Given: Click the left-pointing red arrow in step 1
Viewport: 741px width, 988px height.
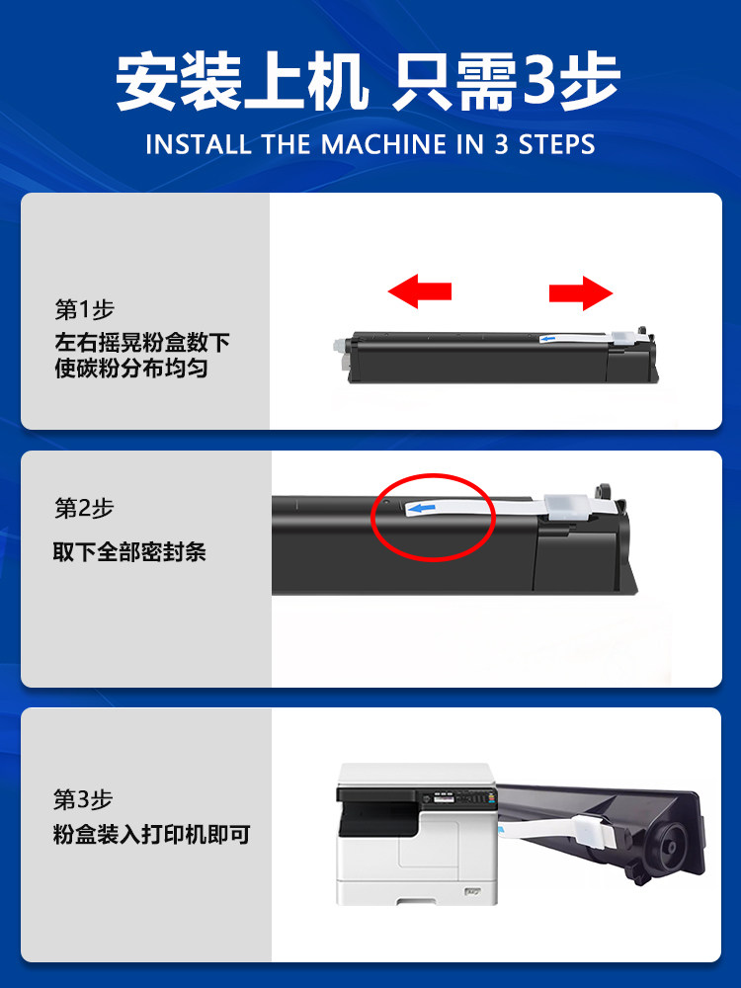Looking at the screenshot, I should [x=419, y=291].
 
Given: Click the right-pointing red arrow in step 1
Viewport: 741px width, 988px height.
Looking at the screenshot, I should [x=581, y=292].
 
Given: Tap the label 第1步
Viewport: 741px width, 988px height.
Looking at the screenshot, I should [x=84, y=309].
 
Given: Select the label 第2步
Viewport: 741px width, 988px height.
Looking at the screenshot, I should [x=84, y=508].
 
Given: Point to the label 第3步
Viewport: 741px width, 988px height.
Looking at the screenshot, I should [x=84, y=798].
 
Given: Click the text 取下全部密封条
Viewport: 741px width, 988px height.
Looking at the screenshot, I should [x=129, y=551].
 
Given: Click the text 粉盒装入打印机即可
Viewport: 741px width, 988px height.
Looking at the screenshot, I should [x=151, y=835].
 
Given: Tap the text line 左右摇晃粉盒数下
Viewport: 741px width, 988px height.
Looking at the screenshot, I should [x=142, y=343].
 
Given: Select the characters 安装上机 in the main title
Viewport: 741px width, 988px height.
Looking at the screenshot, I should [x=242, y=82].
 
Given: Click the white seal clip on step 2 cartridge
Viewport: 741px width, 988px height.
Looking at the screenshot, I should [x=559, y=506].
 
